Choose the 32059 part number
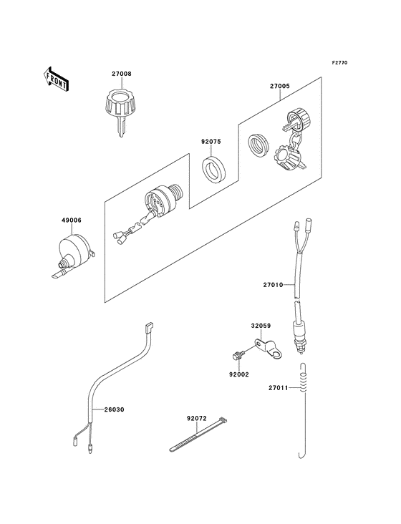pyautogui.click(x=261, y=325)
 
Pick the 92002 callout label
pyautogui.click(x=238, y=374)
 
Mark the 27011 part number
pyautogui.click(x=279, y=387)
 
